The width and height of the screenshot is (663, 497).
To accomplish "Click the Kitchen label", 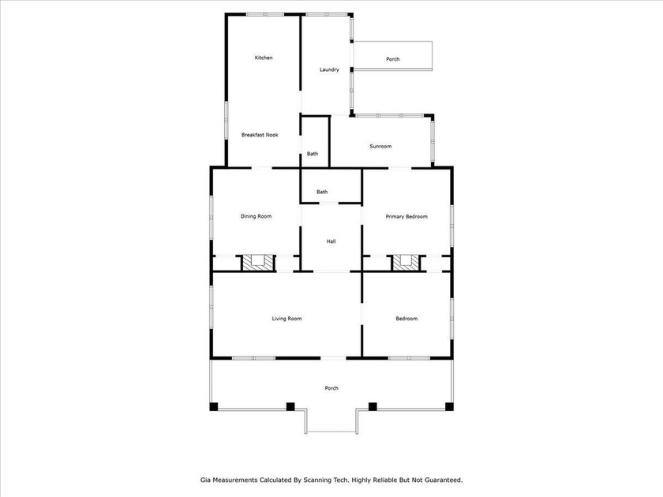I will pyautogui.click(x=263, y=58).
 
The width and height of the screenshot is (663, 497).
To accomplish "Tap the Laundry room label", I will pyautogui.click(x=329, y=69).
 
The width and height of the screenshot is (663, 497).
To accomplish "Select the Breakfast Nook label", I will pyautogui.click(x=260, y=135).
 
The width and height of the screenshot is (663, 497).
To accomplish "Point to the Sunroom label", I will pyautogui.click(x=380, y=147).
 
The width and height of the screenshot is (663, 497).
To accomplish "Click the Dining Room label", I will pyautogui.click(x=256, y=216).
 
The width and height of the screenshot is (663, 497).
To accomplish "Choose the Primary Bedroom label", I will pyautogui.click(x=406, y=216).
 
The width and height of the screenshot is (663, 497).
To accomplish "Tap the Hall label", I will pyautogui.click(x=331, y=241).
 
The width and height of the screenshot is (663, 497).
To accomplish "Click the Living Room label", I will pyautogui.click(x=287, y=319).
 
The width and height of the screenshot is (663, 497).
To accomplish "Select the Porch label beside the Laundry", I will pyautogui.click(x=392, y=60).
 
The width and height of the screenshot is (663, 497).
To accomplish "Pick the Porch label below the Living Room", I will pyautogui.click(x=331, y=388).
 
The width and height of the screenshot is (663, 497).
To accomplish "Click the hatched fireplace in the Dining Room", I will pyautogui.click(x=256, y=263).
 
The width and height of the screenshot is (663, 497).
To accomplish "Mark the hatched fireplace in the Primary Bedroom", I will pyautogui.click(x=406, y=263).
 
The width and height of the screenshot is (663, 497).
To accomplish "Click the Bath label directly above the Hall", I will pyautogui.click(x=322, y=192).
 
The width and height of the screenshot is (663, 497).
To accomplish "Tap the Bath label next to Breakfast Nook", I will pyautogui.click(x=313, y=154).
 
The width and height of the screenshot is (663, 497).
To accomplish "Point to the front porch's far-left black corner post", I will pyautogui.click(x=213, y=407).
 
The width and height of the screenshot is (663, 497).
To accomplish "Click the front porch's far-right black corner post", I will pyautogui.click(x=450, y=407).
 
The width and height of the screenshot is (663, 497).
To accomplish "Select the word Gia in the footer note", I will pyautogui.click(x=204, y=479).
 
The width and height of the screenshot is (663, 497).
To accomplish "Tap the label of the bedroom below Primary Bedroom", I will pyautogui.click(x=406, y=319).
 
